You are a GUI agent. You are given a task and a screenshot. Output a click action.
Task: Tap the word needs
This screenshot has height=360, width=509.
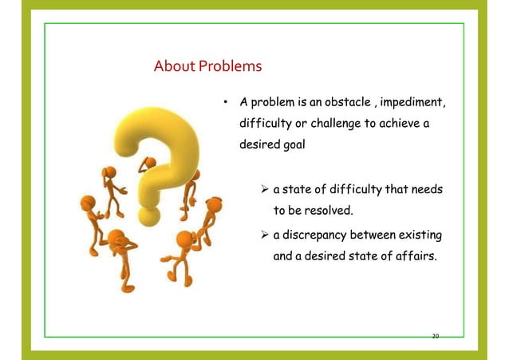coord(424,191)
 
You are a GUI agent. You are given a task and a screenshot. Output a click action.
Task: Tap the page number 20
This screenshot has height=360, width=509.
coord(435,336)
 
